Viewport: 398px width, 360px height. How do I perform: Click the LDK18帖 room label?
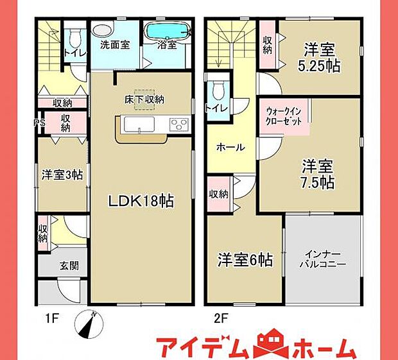(x=141, y=200)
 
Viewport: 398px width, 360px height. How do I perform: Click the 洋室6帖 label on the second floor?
(x=245, y=260)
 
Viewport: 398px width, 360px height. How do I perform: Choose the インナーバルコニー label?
(x=323, y=258)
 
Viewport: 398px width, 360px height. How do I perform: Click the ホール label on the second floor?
(x=230, y=147)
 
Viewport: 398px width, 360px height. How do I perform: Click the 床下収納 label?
(x=144, y=99)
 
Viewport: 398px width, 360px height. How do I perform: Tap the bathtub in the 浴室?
(x=166, y=31)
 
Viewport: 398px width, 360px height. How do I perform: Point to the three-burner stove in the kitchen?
(x=178, y=123)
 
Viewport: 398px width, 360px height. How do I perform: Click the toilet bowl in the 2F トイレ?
(x=217, y=88)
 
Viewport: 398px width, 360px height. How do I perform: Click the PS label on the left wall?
(x=38, y=120)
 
